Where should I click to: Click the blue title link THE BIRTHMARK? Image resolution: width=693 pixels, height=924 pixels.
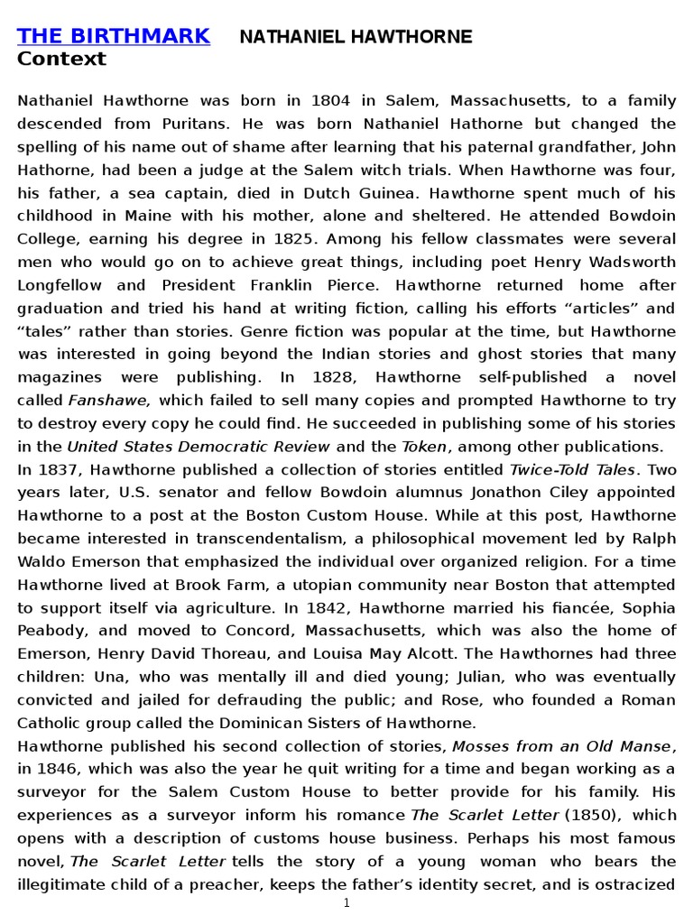(114, 36)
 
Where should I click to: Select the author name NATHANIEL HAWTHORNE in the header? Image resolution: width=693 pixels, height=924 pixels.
(355, 37)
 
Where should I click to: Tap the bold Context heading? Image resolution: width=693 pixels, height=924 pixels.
(61, 60)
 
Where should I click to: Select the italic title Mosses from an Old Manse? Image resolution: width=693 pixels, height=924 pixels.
(561, 746)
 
